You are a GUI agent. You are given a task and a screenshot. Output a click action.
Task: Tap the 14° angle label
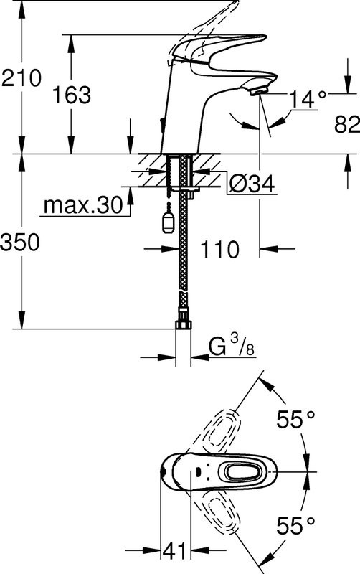[308, 99]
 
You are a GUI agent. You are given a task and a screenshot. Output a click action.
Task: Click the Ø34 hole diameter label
[252, 184]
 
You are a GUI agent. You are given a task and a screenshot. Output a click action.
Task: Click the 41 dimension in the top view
[173, 551]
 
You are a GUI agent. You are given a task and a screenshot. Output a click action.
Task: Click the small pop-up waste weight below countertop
[167, 220]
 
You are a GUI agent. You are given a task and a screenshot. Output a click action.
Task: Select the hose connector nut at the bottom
[184, 324]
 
